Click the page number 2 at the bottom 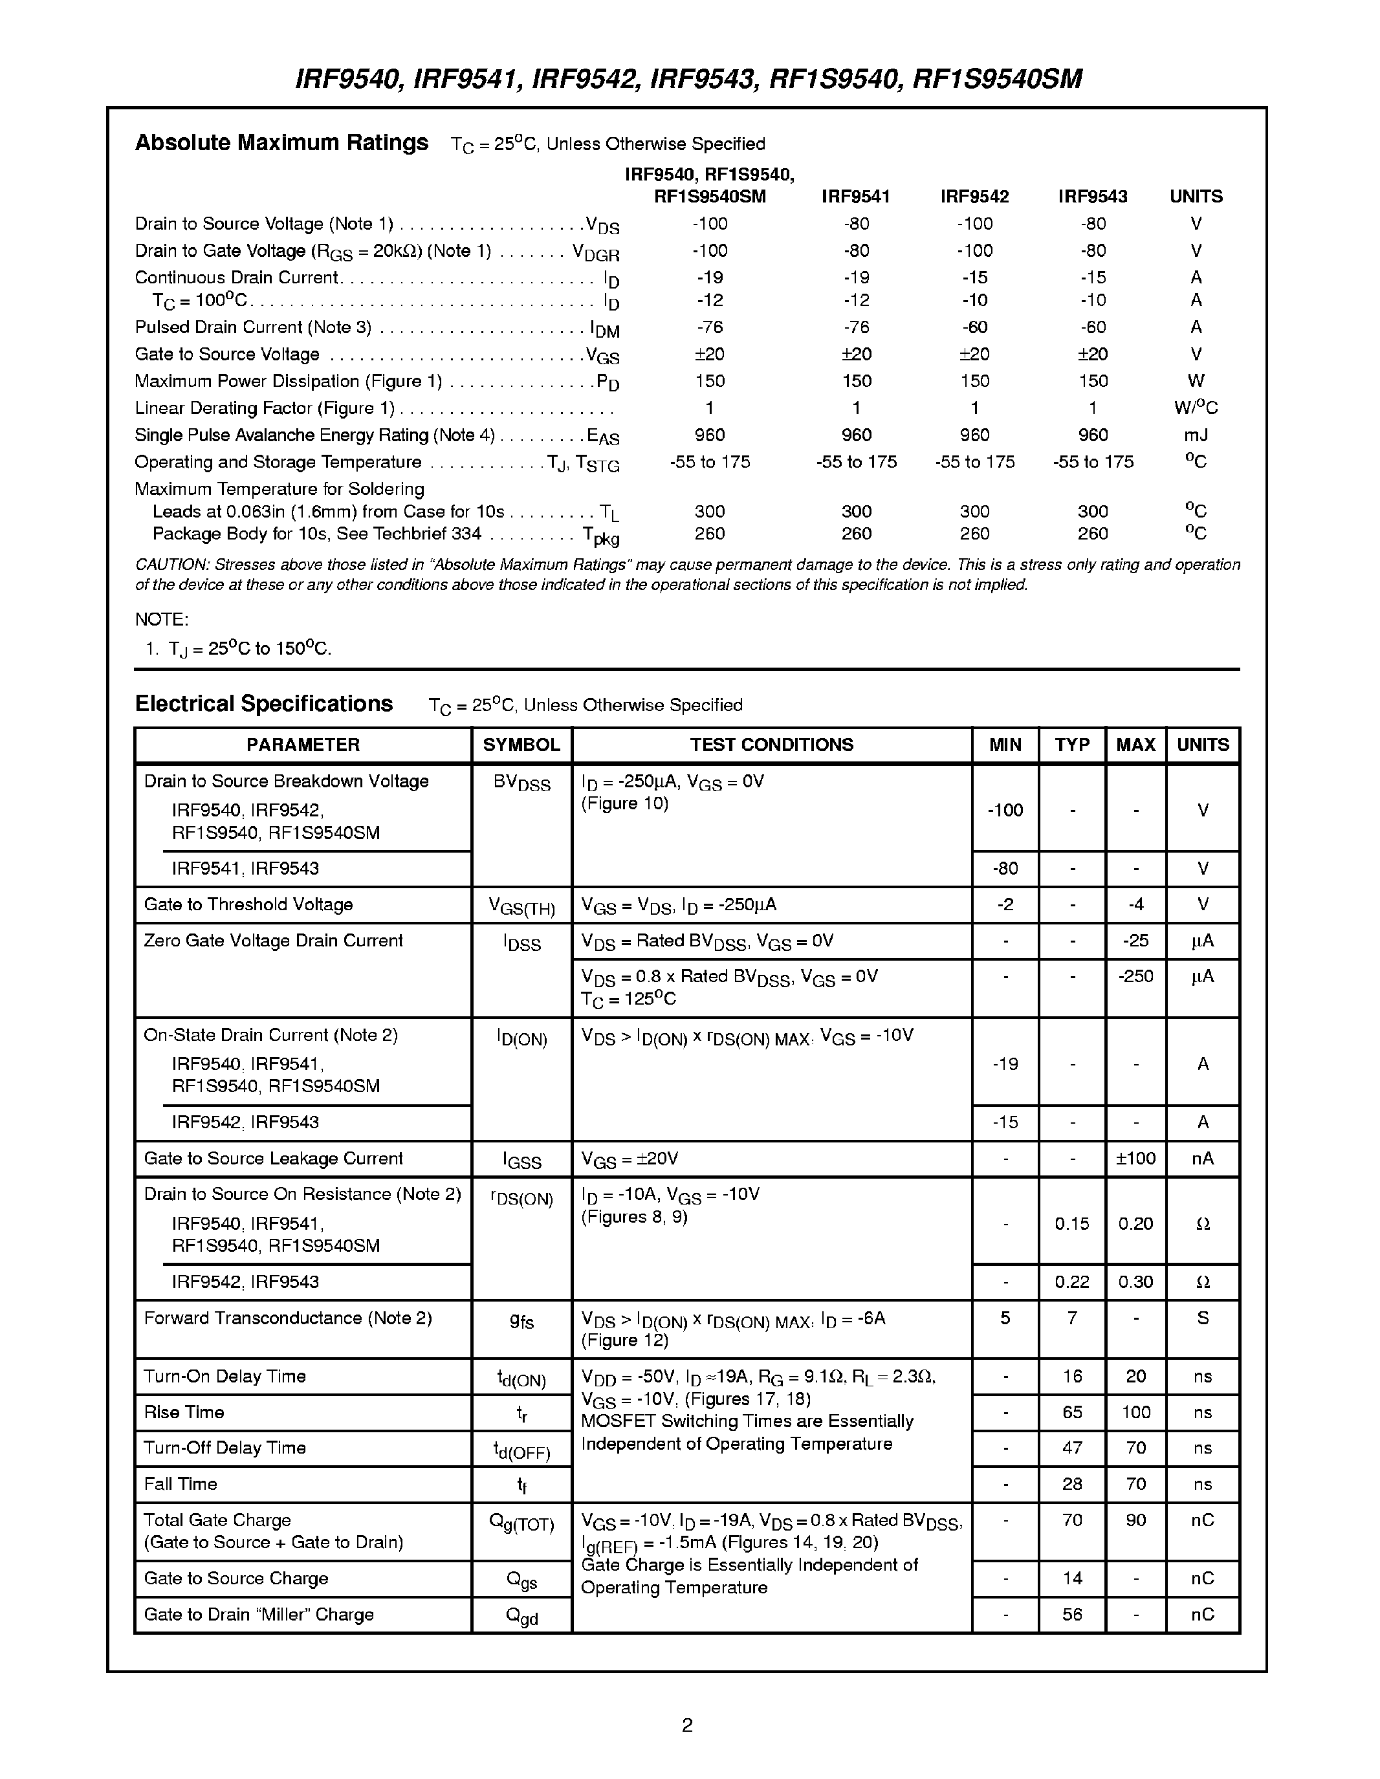click(x=686, y=1725)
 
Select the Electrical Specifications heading click(x=263, y=704)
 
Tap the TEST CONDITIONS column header click(x=771, y=745)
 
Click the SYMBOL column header click(x=521, y=745)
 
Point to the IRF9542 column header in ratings click(x=974, y=196)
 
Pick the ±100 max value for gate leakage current click(x=1135, y=1159)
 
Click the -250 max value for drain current click(x=1135, y=976)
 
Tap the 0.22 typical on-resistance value click(x=1071, y=1282)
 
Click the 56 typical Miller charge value click(x=1071, y=1615)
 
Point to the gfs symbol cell click(x=521, y=1321)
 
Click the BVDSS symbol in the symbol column click(x=521, y=783)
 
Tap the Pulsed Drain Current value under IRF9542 click(x=974, y=327)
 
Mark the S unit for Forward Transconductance click(x=1203, y=1318)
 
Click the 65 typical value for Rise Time click(x=1071, y=1412)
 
